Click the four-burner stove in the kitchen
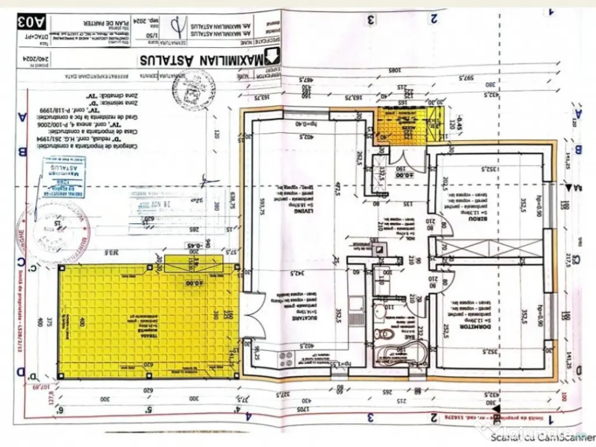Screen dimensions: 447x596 coord(288,356)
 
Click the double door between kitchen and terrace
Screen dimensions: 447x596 coord(251,319)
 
